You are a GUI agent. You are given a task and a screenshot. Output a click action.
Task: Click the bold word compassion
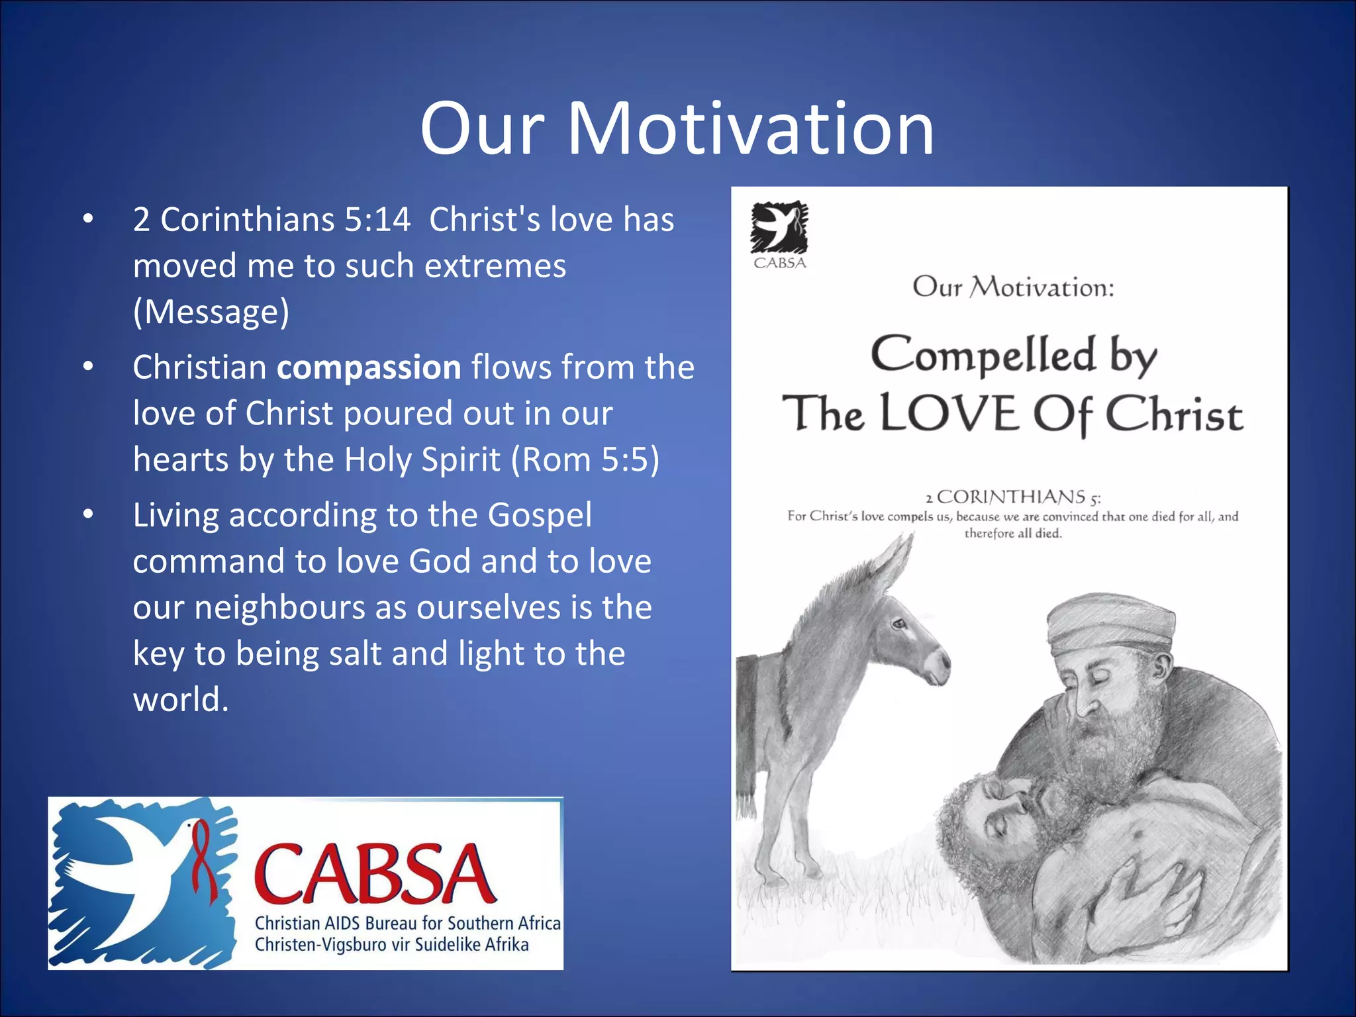[369, 367]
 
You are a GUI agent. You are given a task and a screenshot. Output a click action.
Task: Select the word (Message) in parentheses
[211, 312]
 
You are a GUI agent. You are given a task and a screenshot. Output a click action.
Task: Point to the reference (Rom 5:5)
[585, 460]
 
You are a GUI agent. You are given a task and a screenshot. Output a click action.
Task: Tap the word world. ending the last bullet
[181, 700]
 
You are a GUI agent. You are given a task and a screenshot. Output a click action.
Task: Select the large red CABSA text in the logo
[374, 874]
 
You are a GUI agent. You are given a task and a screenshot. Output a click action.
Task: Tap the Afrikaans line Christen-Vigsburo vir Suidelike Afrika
[391, 945]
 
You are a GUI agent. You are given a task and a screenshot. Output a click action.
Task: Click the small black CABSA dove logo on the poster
[779, 227]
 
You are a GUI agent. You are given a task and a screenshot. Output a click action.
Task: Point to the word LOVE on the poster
[949, 414]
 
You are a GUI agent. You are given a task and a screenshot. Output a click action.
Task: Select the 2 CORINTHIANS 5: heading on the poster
[1012, 497]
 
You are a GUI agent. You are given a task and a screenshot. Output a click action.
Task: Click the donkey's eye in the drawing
[898, 623]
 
